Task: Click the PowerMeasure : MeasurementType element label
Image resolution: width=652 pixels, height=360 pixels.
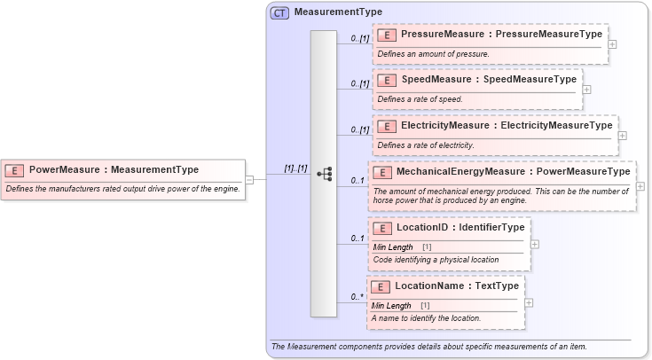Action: (x=114, y=169)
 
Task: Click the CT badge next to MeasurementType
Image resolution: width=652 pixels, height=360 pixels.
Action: (x=279, y=12)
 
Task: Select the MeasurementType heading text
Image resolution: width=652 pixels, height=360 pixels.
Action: (x=338, y=12)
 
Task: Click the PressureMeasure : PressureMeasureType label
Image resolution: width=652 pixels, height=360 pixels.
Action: (x=501, y=35)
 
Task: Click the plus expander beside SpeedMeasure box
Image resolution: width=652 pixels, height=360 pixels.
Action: (x=586, y=89)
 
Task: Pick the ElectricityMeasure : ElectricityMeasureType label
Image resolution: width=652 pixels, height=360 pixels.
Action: (x=506, y=126)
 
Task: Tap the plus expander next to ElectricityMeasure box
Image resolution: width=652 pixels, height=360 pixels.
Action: (x=622, y=136)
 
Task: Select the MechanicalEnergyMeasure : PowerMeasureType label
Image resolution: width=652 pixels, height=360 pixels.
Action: (x=513, y=171)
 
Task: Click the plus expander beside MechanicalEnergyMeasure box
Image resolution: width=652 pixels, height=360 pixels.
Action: (x=640, y=186)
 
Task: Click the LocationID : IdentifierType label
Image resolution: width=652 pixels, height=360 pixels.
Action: (x=460, y=228)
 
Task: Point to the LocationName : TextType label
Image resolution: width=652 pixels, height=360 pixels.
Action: (x=456, y=286)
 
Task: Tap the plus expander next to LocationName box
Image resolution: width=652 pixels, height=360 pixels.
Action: (x=529, y=302)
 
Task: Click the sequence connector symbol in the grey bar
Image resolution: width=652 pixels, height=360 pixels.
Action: (x=324, y=174)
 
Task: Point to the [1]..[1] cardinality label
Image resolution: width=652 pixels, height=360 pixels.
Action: (x=295, y=168)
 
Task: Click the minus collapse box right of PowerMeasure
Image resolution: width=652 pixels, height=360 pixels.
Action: (x=249, y=180)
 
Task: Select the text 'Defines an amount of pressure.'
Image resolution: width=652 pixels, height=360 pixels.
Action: (x=433, y=54)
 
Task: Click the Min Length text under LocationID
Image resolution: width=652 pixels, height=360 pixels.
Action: (x=392, y=247)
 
